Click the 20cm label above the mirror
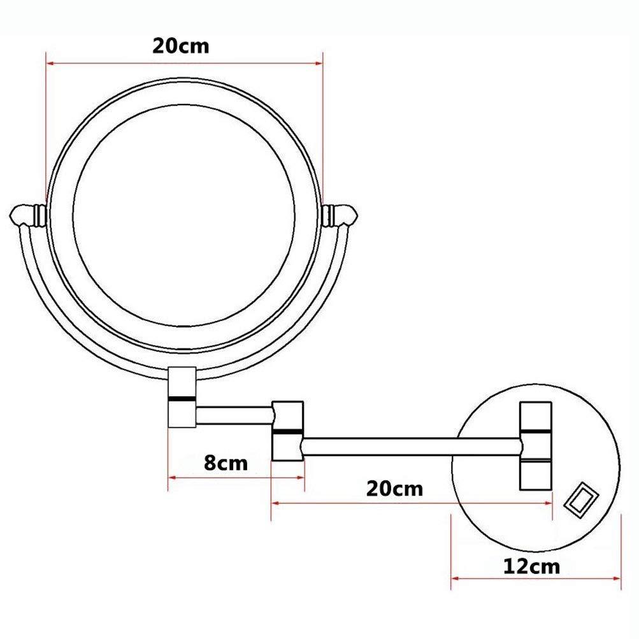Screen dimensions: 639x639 (180, 47)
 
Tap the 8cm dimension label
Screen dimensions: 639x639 (226, 462)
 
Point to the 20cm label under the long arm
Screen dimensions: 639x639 (394, 489)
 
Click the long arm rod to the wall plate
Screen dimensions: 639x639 (411, 445)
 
